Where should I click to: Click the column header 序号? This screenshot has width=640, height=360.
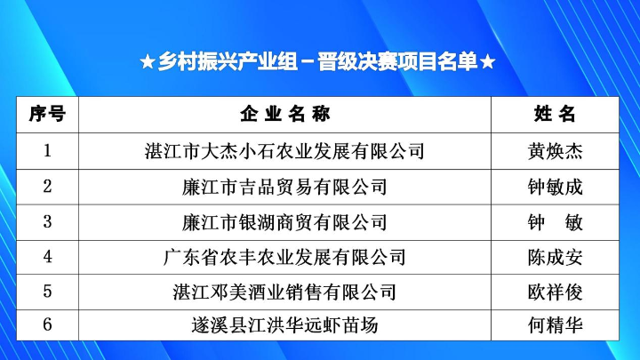47,115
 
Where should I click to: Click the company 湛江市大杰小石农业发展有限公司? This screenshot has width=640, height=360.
284,150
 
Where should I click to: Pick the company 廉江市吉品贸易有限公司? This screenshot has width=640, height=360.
284,186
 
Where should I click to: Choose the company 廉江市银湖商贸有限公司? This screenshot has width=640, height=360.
284,221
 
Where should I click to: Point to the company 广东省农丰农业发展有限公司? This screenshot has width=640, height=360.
284,257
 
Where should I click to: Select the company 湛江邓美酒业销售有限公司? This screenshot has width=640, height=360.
284,291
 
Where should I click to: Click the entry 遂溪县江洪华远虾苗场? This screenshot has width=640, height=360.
284,325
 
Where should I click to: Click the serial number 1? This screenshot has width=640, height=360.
47,150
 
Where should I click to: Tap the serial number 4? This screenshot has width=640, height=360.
47,257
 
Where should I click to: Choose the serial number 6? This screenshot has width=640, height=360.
47,325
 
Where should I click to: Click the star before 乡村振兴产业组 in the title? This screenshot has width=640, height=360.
148,63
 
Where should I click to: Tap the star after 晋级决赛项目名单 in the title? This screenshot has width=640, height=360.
487,63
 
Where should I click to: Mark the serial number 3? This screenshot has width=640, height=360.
47,221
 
